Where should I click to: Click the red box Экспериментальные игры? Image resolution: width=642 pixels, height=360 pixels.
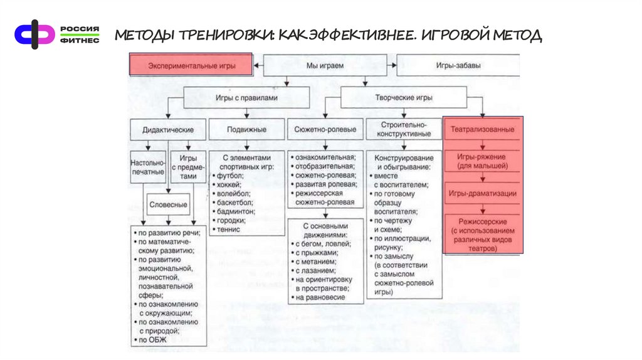tap(191, 65)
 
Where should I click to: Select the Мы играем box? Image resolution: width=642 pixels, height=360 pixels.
tap(325, 65)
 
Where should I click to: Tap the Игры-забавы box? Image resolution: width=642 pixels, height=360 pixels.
tap(458, 65)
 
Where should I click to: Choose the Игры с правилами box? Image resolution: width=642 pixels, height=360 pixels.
tap(246, 98)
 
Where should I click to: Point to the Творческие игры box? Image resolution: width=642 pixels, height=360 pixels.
tap(403, 98)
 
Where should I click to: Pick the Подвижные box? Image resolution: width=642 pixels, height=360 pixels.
tap(246, 130)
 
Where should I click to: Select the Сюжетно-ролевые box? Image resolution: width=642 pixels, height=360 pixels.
tap(325, 130)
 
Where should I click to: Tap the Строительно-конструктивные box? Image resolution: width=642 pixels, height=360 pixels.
tap(403, 130)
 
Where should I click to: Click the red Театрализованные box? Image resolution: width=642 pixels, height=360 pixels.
tap(483, 130)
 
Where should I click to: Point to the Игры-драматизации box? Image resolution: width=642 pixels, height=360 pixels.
tap(483, 194)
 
